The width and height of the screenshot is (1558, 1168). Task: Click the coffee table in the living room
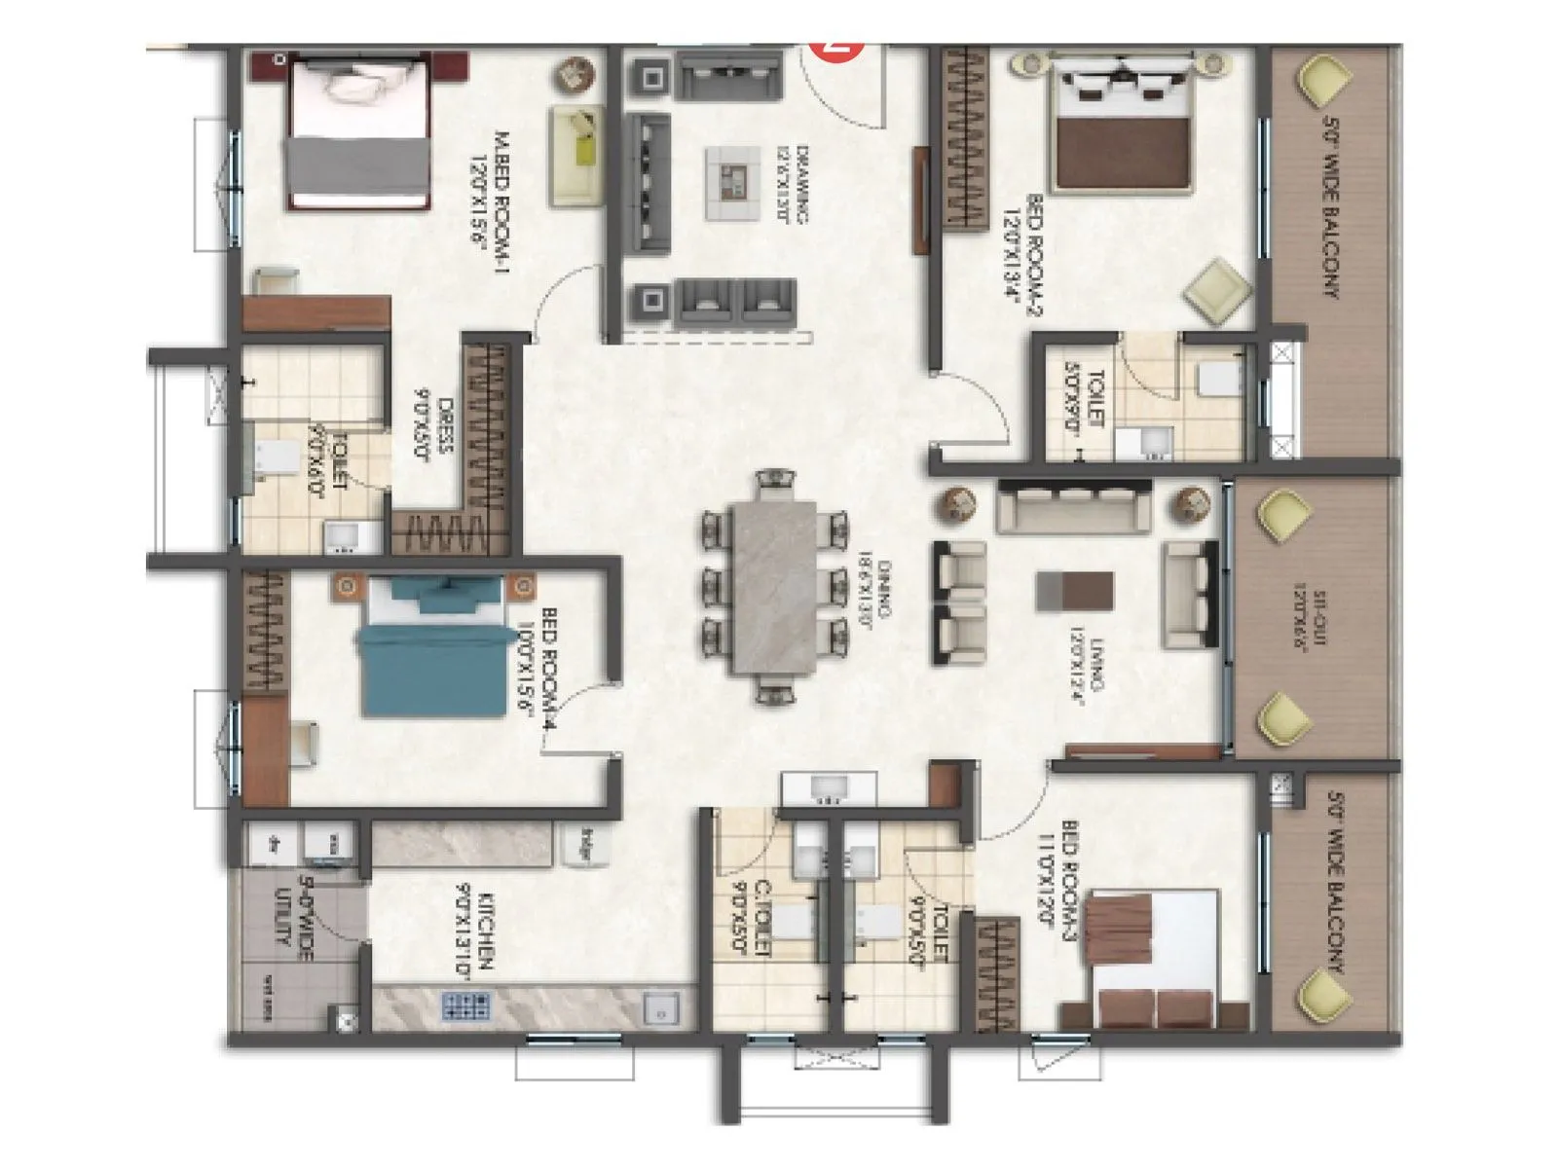[1074, 592]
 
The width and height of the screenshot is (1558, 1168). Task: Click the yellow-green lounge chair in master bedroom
[577, 155]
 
